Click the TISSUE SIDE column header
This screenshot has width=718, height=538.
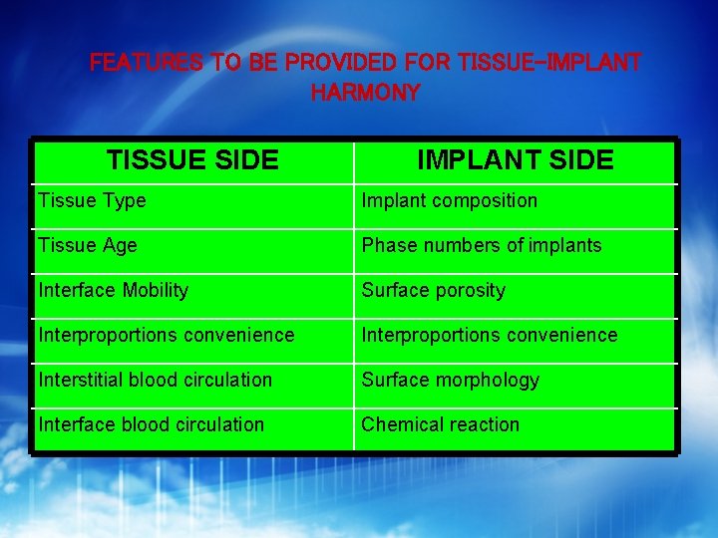(192, 159)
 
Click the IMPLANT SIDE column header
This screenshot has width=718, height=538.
(515, 159)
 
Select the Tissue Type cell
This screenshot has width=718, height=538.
(92, 200)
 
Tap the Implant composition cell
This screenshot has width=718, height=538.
(449, 200)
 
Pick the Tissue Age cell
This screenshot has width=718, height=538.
(88, 245)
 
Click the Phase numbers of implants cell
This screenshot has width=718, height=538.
(482, 245)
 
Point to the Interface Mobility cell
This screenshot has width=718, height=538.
(113, 290)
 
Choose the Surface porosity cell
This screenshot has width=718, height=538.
(433, 290)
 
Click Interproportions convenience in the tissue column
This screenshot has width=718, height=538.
(167, 335)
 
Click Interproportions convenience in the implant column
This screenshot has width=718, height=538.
(490, 335)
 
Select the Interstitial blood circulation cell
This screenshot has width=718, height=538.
(155, 380)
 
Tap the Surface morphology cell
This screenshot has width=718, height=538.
(450, 380)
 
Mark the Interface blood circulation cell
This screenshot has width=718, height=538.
(151, 424)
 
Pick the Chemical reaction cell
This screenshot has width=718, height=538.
(440, 424)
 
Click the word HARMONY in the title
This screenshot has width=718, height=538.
(365, 94)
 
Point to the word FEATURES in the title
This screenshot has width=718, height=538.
(146, 63)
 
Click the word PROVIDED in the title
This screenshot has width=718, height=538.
(341, 63)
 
